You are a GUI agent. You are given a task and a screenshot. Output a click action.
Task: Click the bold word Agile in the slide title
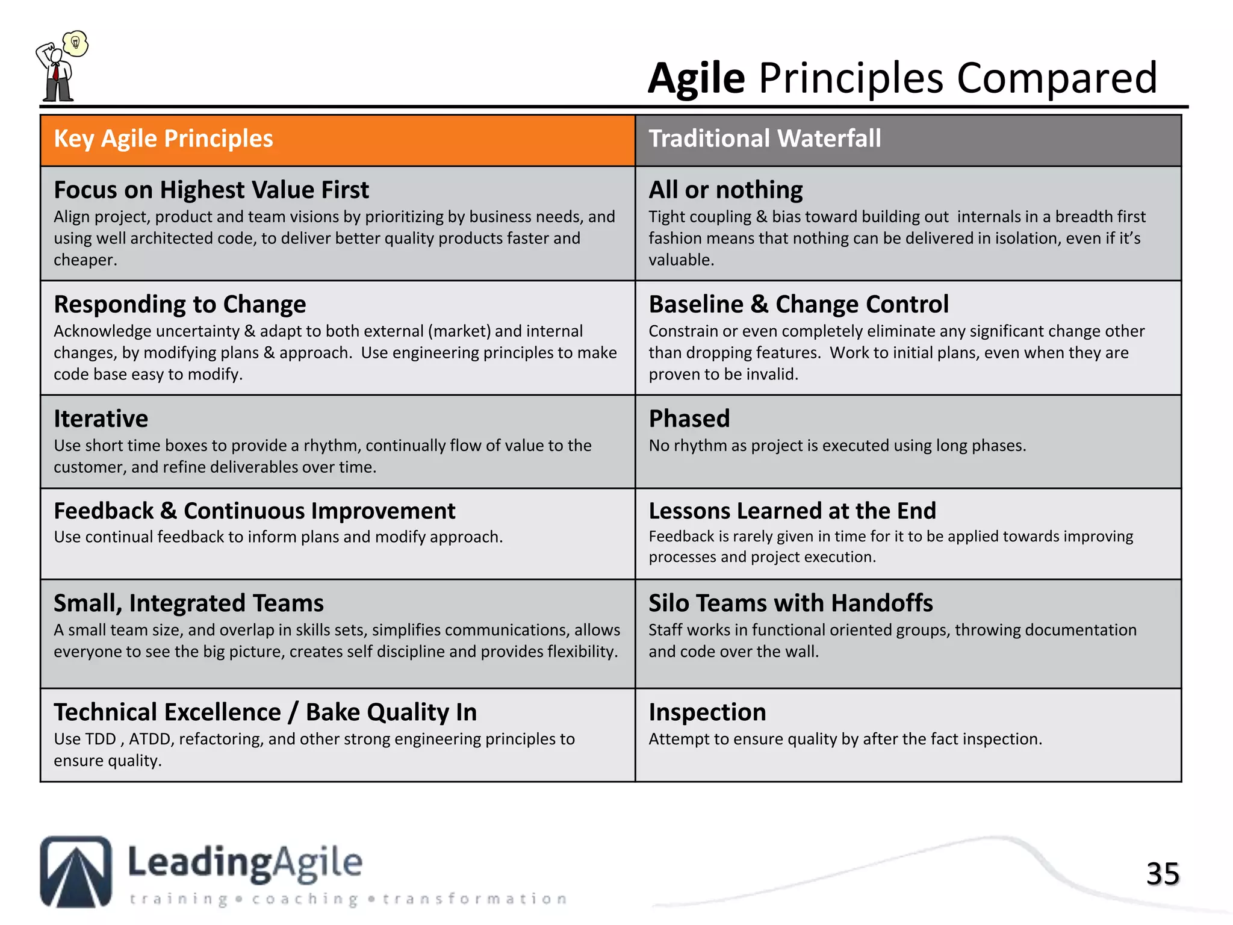pos(697,78)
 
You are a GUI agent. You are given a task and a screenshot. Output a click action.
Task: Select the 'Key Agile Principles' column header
pos(163,139)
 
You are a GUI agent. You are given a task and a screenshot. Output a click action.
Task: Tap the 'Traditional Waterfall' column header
pos(765,139)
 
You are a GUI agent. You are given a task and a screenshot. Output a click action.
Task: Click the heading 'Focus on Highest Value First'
pos(211,190)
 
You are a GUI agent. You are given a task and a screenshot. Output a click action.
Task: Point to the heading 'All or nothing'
pos(725,190)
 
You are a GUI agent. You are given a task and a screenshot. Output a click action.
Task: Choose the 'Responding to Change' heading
pos(179,305)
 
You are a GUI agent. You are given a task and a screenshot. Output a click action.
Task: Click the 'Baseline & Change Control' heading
pos(798,305)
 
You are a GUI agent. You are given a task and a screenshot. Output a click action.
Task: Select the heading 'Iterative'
pos(101,419)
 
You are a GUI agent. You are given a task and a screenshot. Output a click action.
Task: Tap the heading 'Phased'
pos(689,419)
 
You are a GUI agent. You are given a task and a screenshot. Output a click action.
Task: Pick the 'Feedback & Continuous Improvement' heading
pos(254,511)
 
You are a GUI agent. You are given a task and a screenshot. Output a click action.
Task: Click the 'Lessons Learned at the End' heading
pos(792,511)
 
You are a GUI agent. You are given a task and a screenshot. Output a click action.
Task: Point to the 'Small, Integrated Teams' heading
pos(188,603)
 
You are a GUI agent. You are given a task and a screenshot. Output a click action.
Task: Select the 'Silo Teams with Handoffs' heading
pos(790,603)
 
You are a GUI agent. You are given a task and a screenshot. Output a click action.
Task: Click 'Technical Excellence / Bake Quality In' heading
pos(265,712)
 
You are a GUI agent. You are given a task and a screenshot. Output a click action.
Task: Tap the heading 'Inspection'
pos(707,712)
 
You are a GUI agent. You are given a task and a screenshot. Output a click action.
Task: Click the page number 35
pos(1163,874)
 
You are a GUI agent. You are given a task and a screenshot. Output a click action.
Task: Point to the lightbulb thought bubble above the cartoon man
pos(76,43)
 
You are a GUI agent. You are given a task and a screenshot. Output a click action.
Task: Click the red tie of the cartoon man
pos(56,72)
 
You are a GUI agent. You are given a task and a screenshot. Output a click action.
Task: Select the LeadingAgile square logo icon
pos(76,871)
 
